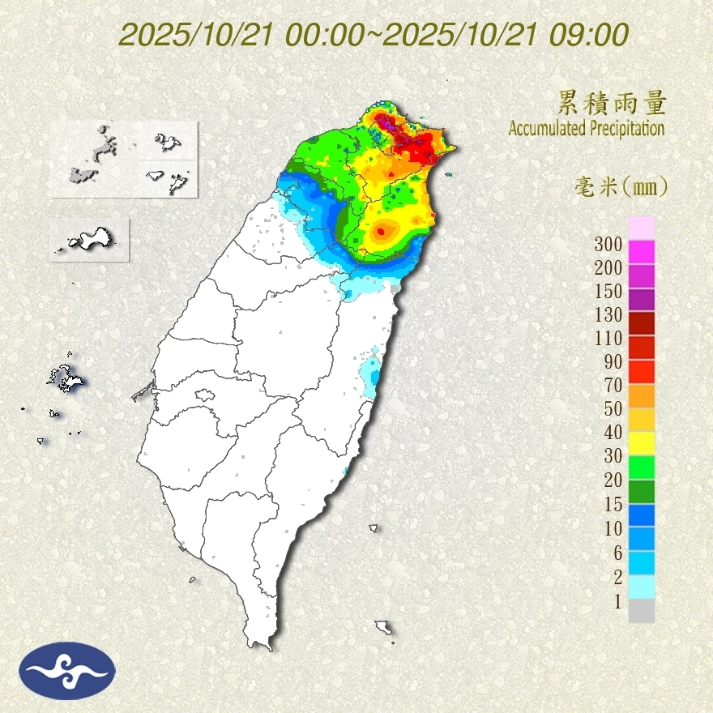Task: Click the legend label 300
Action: click(607, 244)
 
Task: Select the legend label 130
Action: click(607, 314)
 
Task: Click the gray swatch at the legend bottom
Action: click(641, 611)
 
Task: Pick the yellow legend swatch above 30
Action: click(641, 442)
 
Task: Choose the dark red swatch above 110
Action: click(641, 323)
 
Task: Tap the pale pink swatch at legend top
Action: click(641, 228)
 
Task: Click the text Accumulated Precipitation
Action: click(586, 128)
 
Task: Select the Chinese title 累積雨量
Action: click(612, 104)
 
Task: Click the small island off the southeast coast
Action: click(383, 627)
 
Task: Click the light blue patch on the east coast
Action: click(370, 374)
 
